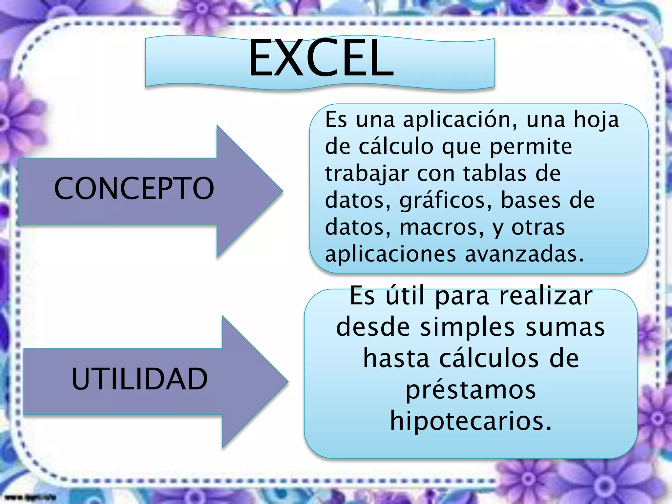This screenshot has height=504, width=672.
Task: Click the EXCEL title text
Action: (x=321, y=58)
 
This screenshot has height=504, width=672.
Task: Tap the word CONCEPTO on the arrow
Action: (x=134, y=188)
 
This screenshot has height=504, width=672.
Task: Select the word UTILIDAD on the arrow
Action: (x=139, y=379)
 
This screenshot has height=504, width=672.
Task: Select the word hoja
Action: (x=596, y=120)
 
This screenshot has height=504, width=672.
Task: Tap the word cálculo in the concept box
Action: (x=396, y=147)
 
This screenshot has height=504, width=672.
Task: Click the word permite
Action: (x=531, y=147)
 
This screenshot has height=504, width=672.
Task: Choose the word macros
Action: (x=442, y=227)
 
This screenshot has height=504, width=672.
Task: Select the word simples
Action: (x=467, y=327)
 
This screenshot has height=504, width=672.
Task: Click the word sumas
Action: (x=565, y=327)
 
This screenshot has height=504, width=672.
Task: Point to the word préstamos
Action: (x=471, y=390)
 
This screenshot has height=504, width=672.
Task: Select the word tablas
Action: (x=495, y=174)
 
